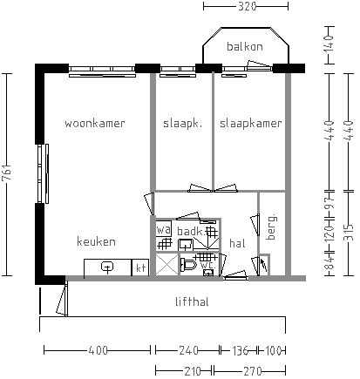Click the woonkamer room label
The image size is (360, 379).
click(x=95, y=124)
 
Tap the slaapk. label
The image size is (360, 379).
click(x=182, y=124)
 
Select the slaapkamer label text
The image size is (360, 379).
click(x=251, y=124)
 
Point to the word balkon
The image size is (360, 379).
click(x=245, y=46)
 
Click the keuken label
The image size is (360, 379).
click(x=96, y=241)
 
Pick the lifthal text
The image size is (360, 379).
click(x=192, y=301)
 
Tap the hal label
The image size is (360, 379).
click(x=237, y=243)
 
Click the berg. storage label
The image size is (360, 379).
click(x=272, y=227)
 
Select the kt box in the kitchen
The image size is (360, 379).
click(x=140, y=267)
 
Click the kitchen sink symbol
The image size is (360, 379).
click(x=107, y=267)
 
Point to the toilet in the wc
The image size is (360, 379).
click(x=188, y=264)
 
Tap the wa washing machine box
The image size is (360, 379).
click(x=164, y=230)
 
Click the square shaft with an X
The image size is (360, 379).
click(x=166, y=264)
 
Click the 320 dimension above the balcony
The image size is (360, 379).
click(x=247, y=6)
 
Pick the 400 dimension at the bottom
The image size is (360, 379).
click(x=98, y=350)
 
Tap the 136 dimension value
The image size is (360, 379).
click(x=240, y=350)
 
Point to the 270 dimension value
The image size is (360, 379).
click(x=253, y=371)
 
